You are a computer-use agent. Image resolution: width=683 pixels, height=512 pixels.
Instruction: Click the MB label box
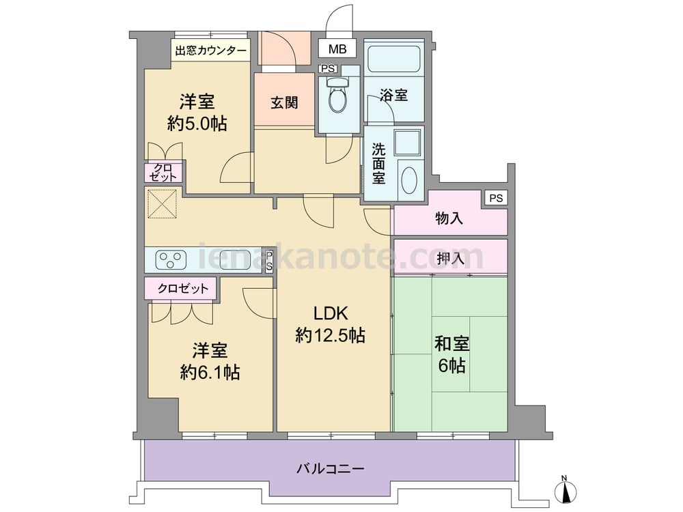[x=337, y=48]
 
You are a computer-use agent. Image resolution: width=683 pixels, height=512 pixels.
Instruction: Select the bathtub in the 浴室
[x=393, y=59]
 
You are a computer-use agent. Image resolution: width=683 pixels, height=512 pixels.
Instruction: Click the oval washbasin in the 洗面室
[x=409, y=180]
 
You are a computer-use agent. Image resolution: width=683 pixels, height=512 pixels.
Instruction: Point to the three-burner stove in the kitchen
[x=171, y=260]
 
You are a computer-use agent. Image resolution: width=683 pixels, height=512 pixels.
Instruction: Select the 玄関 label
[x=284, y=103]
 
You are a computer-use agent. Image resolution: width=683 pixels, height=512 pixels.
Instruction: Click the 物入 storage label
[x=449, y=218]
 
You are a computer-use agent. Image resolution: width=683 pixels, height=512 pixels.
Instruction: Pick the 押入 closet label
[x=450, y=259]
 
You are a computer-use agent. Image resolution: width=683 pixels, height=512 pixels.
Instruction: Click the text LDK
[x=331, y=313]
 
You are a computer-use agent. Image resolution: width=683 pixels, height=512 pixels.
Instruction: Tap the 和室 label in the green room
[x=451, y=343]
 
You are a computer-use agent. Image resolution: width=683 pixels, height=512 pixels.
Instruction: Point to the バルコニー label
[x=330, y=469]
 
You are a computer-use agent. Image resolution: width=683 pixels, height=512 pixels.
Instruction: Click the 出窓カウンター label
[x=211, y=51]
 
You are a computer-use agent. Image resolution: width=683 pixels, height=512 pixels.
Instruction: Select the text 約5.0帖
[x=197, y=124]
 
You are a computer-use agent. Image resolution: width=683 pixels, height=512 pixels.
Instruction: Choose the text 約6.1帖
[x=210, y=373]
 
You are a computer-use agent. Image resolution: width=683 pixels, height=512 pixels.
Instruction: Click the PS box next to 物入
[x=496, y=199]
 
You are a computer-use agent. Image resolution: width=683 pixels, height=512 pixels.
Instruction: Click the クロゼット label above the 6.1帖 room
[x=183, y=288]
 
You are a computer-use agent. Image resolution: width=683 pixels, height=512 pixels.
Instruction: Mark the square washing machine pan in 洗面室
[x=408, y=143]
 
